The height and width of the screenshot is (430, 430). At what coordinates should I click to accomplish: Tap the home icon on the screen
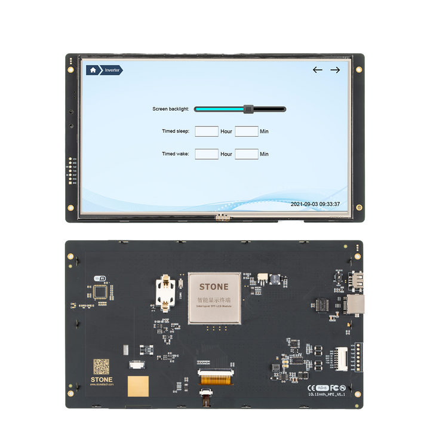(93, 70)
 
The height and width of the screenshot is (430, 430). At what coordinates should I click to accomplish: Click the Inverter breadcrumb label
(112, 70)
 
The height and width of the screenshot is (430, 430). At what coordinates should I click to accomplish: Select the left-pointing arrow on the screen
(318, 70)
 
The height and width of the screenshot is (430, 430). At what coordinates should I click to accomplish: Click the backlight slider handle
(248, 109)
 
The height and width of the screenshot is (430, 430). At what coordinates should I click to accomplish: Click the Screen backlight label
(171, 109)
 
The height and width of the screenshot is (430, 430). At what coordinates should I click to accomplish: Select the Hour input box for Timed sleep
(207, 131)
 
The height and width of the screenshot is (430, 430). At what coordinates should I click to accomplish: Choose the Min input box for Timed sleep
(247, 131)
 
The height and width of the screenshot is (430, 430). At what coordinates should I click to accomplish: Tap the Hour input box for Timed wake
(207, 153)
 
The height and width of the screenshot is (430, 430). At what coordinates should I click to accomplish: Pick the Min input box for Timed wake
(247, 153)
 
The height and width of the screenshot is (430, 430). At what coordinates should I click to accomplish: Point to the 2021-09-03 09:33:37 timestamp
(315, 204)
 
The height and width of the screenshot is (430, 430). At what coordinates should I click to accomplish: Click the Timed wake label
(176, 154)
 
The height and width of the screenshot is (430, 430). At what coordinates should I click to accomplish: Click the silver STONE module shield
(214, 298)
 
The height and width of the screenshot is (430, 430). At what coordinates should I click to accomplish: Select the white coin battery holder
(165, 293)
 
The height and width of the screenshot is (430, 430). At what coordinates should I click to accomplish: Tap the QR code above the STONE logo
(101, 366)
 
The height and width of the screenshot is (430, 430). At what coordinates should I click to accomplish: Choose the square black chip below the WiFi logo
(101, 292)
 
